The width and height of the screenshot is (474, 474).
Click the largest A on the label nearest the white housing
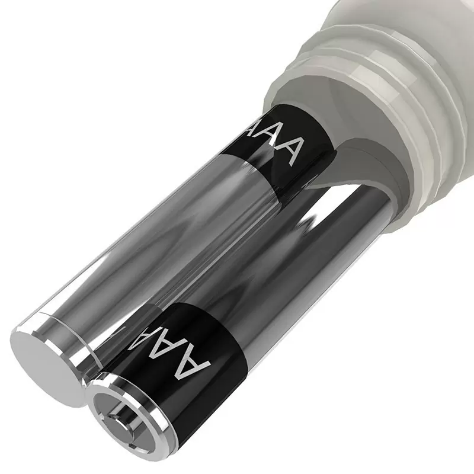click(286, 151)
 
